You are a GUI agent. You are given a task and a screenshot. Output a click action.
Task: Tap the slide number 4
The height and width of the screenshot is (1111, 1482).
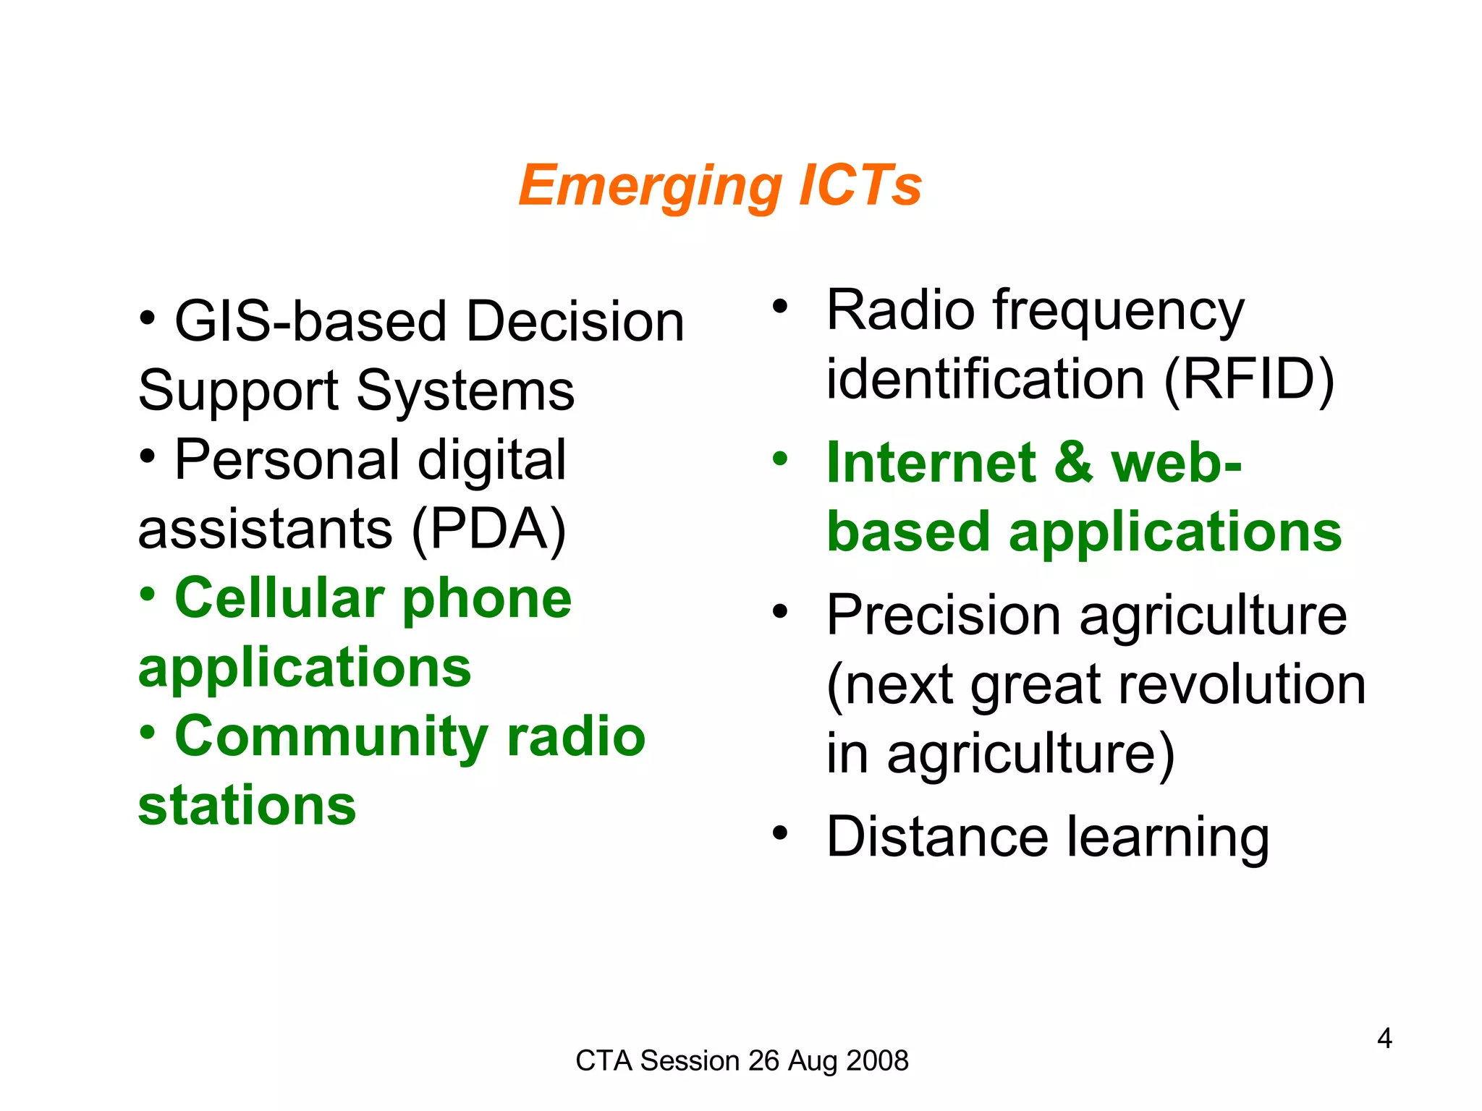click(1384, 1039)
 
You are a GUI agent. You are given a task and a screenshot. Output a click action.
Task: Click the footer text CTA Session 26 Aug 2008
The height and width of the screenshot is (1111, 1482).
click(742, 1060)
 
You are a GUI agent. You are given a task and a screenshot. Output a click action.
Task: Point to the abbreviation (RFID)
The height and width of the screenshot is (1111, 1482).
click(1249, 379)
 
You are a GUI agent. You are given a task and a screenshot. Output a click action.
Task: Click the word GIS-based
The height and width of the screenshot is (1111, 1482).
click(310, 322)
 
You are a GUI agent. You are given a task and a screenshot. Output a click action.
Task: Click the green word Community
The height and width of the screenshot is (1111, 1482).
click(332, 736)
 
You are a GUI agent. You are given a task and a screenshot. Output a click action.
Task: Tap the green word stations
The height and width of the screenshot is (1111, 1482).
click(247, 806)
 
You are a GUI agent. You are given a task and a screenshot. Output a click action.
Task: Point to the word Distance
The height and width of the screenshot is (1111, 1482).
click(937, 837)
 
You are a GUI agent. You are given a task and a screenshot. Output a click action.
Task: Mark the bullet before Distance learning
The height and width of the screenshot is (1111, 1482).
click(779, 833)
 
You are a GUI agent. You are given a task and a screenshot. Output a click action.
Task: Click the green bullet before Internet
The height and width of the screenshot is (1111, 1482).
click(779, 459)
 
